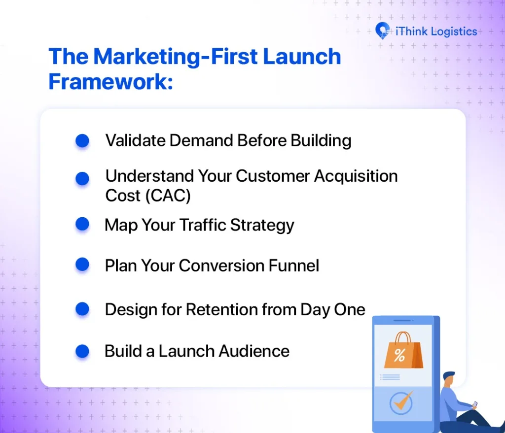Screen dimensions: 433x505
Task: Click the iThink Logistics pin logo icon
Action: pos(382,31)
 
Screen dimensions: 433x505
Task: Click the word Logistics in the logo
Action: pos(454,32)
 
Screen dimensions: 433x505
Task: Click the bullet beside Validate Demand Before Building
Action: pos(82,141)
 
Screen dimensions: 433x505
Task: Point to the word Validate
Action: pos(135,141)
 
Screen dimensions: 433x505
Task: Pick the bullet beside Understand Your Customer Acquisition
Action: pos(82,178)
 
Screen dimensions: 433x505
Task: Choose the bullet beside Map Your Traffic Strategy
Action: pos(82,225)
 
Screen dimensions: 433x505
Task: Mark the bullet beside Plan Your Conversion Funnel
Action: pos(82,265)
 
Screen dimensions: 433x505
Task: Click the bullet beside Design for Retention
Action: pos(82,309)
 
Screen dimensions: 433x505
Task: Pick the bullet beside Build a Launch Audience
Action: pos(82,351)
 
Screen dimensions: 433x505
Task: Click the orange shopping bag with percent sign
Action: pos(402,351)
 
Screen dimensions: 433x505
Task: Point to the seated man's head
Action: pos(449,379)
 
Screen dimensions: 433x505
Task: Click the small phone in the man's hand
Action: pos(474,404)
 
